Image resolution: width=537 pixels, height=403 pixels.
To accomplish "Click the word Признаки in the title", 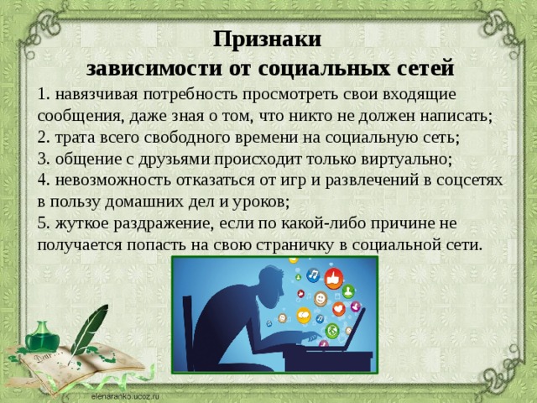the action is tap(267, 39).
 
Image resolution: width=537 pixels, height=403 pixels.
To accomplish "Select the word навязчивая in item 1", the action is tap(96, 95).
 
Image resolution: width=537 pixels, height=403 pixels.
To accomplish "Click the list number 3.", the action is tap(43, 159).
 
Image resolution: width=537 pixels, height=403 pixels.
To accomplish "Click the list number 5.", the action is tap(43, 223).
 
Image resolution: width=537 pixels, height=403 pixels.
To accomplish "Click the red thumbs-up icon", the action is tap(334, 278).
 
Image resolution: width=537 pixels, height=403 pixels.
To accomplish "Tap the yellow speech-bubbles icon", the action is tap(304, 315).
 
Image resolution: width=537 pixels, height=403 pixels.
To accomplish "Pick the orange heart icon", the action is tap(339, 310).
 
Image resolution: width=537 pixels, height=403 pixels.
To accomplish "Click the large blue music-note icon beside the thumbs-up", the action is tap(313, 275).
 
